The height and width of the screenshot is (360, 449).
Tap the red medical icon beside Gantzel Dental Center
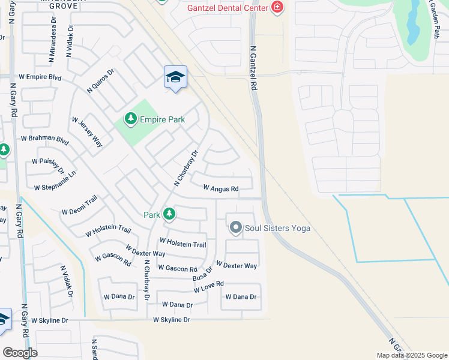(277, 7)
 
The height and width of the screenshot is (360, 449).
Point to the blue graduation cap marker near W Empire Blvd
(175, 77)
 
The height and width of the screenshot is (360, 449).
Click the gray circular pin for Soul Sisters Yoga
(236, 227)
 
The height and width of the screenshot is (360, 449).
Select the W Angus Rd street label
(221, 188)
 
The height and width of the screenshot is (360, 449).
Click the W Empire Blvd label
(40, 77)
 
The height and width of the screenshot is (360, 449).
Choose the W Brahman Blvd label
(45, 138)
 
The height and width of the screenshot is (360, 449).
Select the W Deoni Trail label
(79, 212)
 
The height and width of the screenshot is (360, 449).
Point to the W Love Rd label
(209, 287)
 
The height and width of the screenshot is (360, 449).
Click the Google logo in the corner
(20, 352)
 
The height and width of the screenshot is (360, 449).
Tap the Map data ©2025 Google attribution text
(411, 355)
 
